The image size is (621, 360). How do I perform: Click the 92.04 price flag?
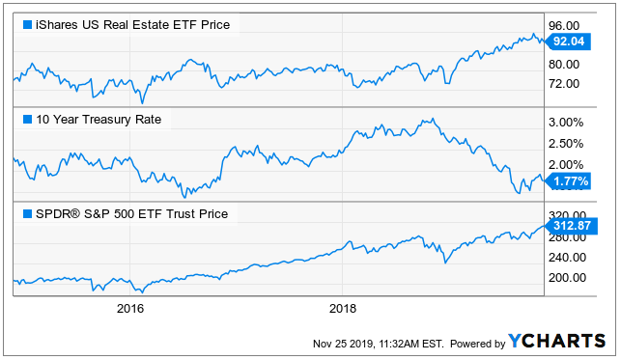point(568,42)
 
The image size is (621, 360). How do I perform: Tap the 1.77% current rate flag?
point(568,181)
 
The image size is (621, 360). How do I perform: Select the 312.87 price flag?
point(571,226)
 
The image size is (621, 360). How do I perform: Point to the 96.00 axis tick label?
point(564,26)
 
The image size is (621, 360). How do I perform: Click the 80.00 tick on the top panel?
point(564,64)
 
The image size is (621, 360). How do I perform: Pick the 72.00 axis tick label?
point(564,83)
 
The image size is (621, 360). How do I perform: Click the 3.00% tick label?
point(566,123)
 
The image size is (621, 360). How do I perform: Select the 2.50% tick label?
point(566,143)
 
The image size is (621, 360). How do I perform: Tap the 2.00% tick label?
point(566,164)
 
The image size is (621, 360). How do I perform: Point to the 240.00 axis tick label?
point(567,257)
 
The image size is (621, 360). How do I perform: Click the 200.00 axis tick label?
point(567,277)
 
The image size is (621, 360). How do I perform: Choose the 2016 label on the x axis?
point(130,308)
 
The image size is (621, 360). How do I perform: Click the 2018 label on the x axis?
point(343,308)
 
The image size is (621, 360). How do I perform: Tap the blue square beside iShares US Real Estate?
point(27,24)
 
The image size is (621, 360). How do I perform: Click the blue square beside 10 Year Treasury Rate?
point(27,119)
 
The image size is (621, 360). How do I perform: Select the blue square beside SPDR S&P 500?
point(27,213)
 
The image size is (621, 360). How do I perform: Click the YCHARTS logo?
point(557,341)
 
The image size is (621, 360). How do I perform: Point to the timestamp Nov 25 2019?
point(343,344)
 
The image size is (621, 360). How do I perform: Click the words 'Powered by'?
point(478,344)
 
